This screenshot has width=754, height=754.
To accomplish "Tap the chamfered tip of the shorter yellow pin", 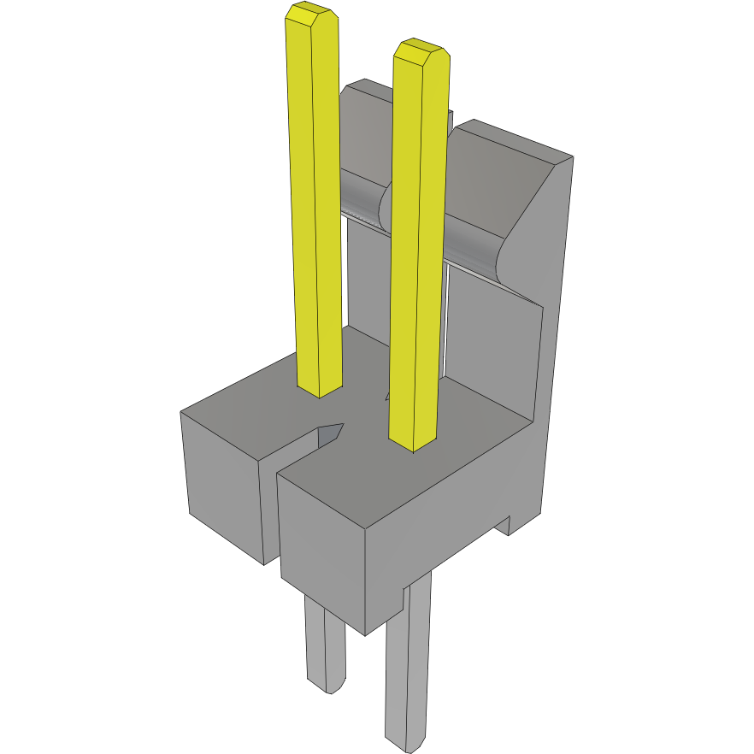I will (x=421, y=51).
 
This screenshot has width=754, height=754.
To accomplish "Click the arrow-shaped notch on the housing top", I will (x=330, y=433).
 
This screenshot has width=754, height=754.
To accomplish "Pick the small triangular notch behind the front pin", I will (x=387, y=395).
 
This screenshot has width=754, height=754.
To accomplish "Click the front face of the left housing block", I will (x=222, y=487).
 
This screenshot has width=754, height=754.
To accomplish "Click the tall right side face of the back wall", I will (x=556, y=342).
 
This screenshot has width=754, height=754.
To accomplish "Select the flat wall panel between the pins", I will (x=366, y=274).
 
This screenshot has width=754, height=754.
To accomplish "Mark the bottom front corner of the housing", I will (x=366, y=633).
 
